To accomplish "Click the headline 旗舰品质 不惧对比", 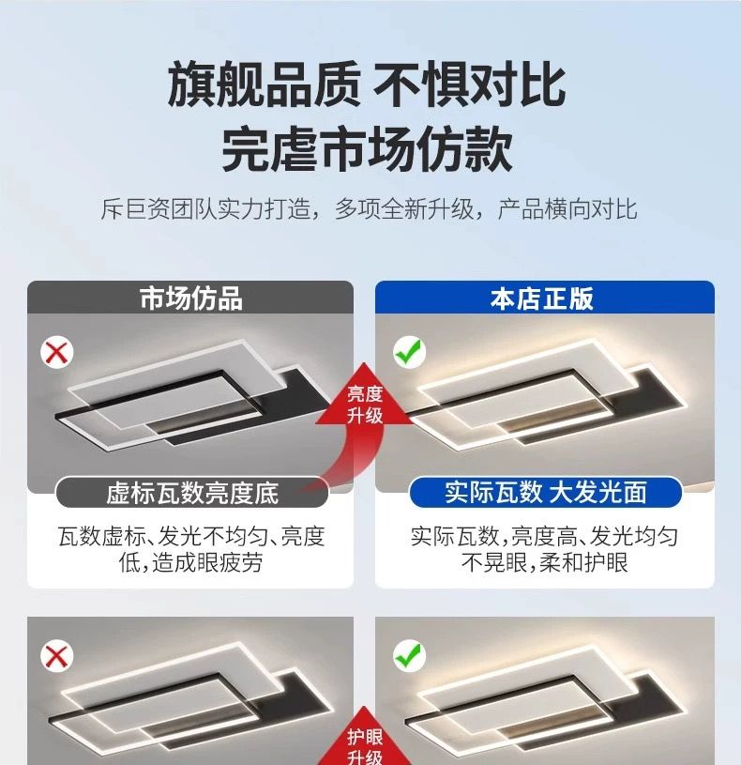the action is coord(367,84).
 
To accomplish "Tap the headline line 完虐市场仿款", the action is coord(367,149).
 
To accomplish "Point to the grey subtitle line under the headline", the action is coord(369,209).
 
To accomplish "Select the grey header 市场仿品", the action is coord(190,298).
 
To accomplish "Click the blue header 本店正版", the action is coord(541,298).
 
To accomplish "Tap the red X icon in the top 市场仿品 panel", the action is coord(57,352).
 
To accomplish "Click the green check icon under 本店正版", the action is coord(410,352).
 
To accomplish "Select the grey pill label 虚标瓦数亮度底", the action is coord(192,492).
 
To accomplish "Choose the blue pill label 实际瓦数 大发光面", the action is coord(546,492).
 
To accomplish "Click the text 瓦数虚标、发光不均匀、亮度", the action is coord(191,536).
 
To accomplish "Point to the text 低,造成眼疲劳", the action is coord(190,562).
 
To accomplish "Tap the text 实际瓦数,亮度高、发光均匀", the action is coord(544,536).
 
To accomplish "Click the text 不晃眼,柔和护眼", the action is coord(545,562).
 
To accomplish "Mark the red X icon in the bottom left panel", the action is coord(57,656).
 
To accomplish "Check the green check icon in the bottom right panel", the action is coord(410,655).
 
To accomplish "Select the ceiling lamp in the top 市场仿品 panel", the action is coord(192,395).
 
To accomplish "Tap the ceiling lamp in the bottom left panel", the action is coord(191,698).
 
